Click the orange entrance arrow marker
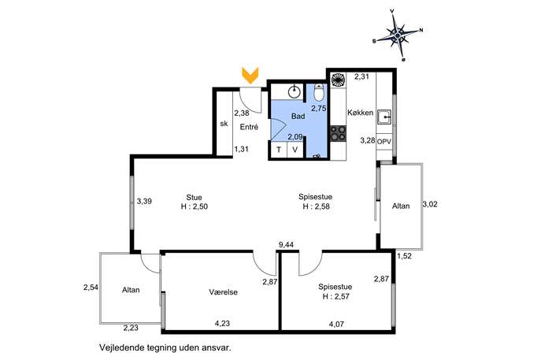250,76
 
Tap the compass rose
398,35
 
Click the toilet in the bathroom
319,92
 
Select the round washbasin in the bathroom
294,92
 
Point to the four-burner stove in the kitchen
338,133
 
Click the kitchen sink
384,117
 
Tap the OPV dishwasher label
384,142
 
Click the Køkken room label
360,113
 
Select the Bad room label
298,116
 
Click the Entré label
249,127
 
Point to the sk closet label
224,124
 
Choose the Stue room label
194,198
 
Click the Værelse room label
223,292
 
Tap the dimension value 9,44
286,245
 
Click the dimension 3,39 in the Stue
144,201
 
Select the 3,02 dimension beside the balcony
430,204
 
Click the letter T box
279,150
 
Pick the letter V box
295,150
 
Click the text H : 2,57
335,296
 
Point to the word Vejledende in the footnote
121,348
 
